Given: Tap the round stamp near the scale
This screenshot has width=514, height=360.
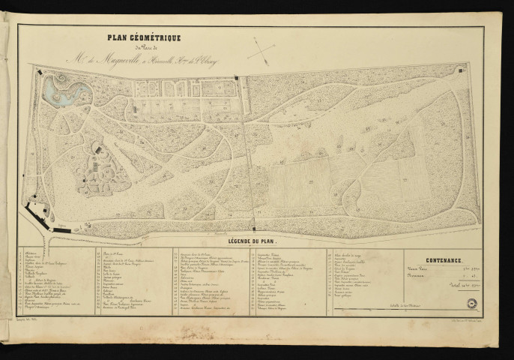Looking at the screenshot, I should [x=474, y=303].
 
